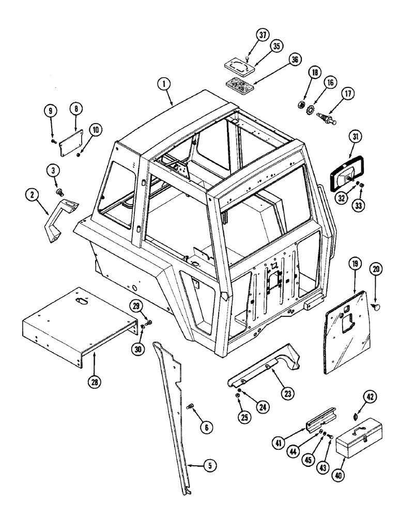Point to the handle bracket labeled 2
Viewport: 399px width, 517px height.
60,218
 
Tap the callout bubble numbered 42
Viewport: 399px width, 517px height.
369,397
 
